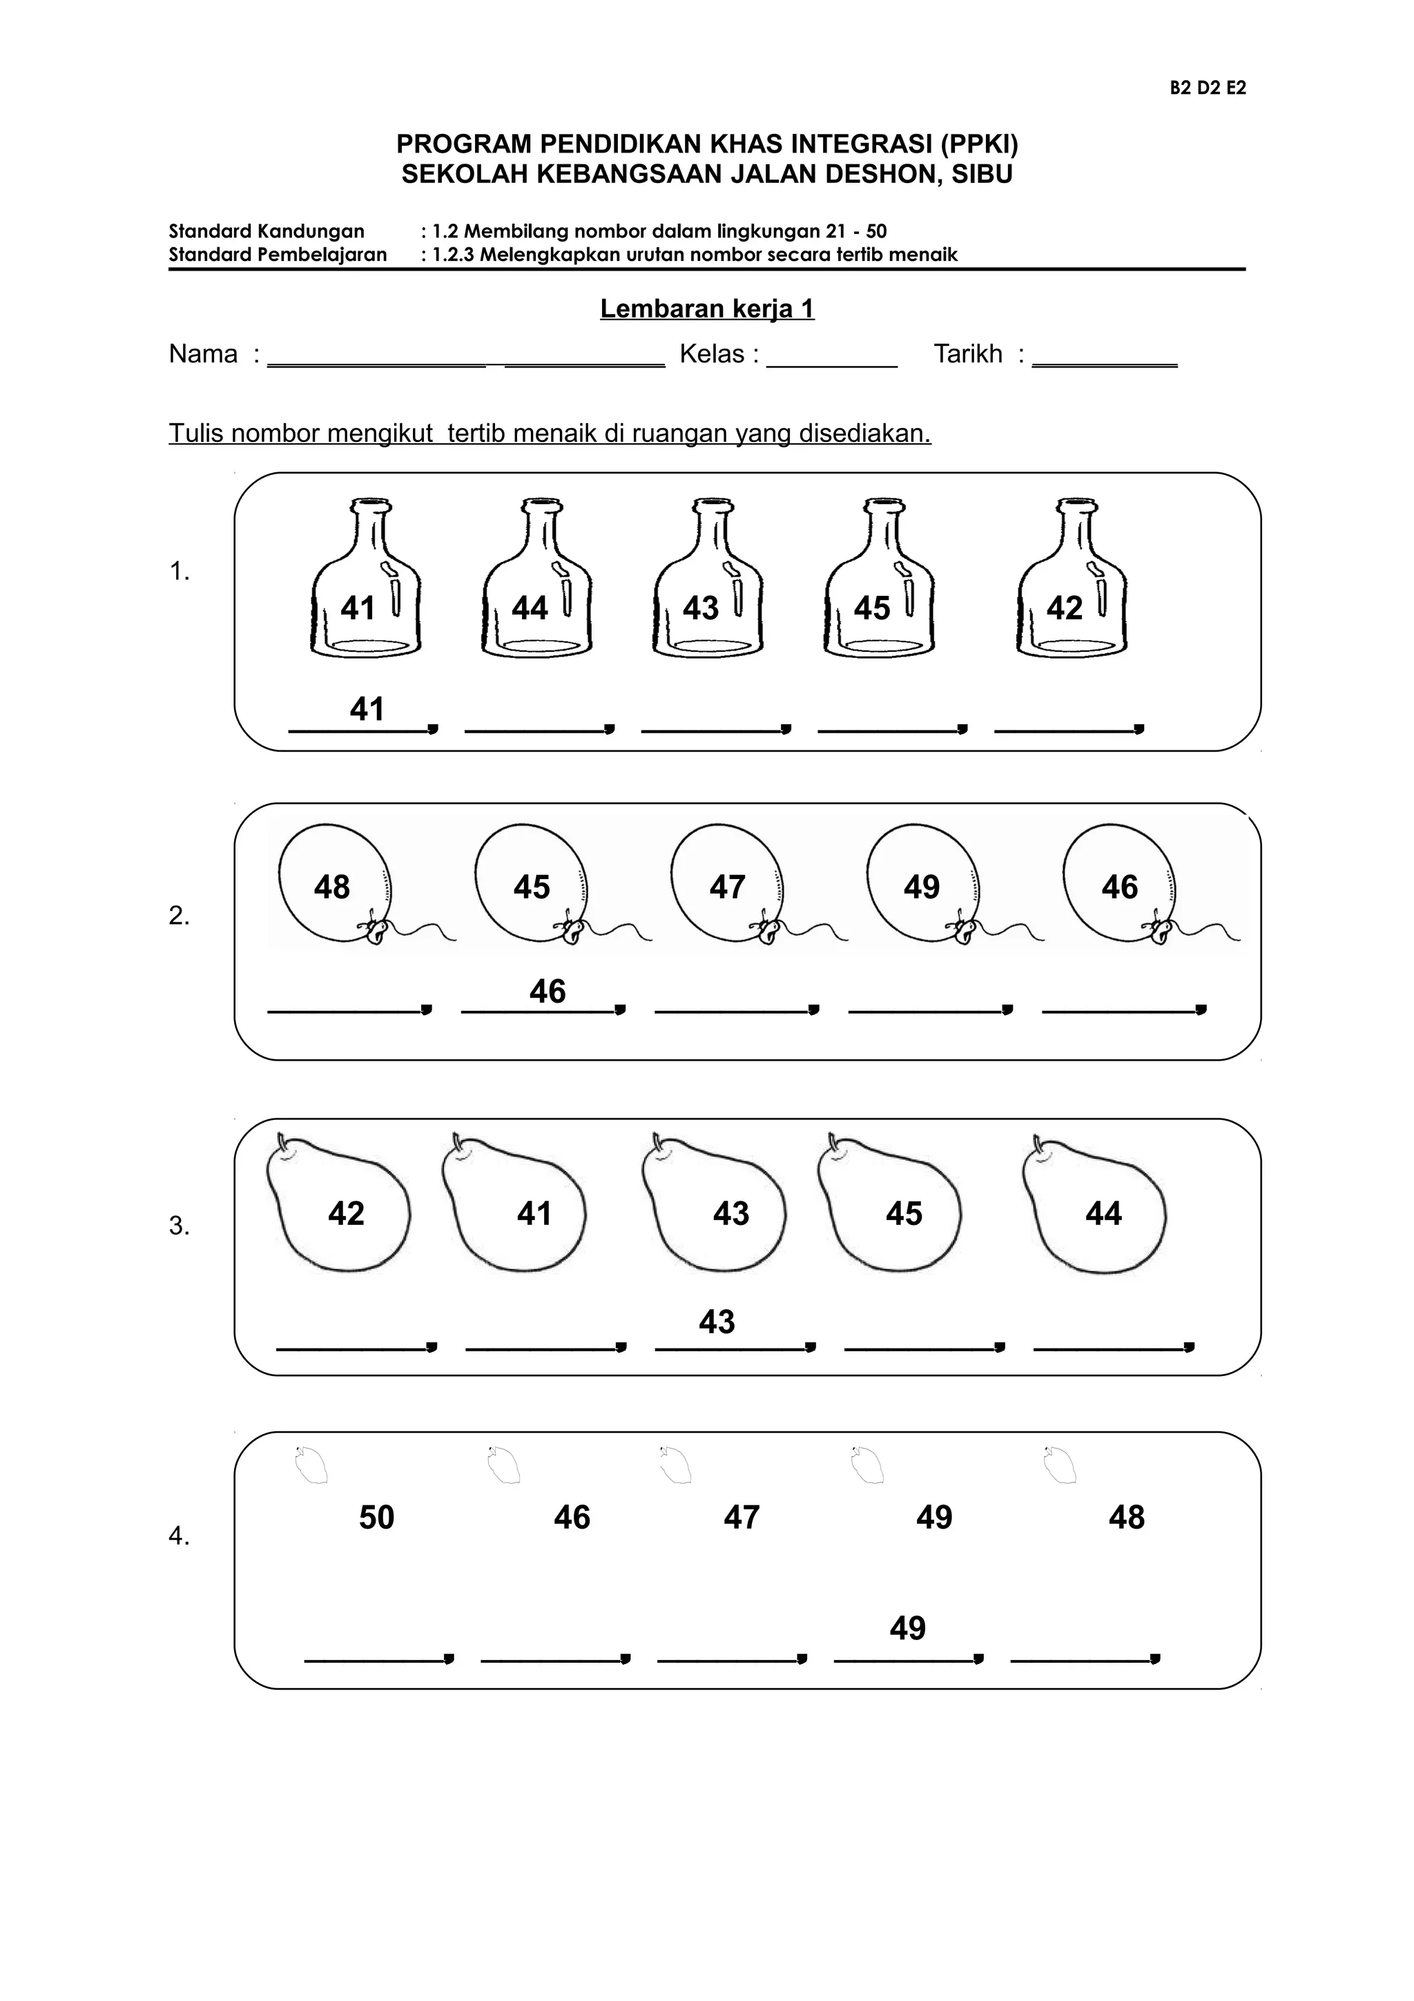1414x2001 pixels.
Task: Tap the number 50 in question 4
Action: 376,1517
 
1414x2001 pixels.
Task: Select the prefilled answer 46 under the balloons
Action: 547,991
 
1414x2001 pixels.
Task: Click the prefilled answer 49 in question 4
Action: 908,1628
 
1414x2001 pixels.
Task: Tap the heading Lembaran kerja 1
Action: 706,309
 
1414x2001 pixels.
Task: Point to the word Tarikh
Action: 968,354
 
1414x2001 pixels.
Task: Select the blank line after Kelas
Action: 831,365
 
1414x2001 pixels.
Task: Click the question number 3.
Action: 179,1226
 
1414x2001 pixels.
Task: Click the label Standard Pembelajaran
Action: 277,255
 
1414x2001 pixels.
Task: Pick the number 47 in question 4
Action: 742,1517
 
